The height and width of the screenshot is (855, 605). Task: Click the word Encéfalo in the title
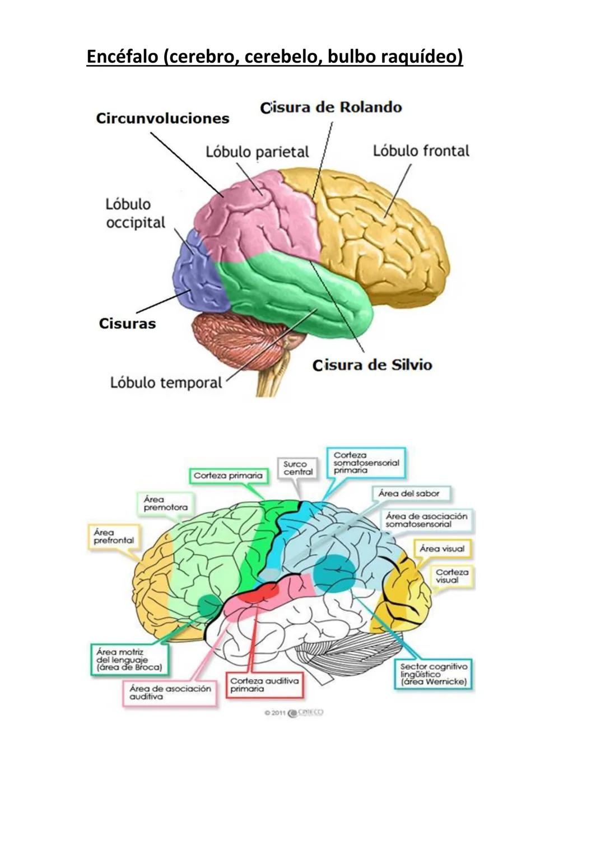[x=122, y=57]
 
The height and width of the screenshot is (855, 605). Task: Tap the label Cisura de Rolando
[x=331, y=108]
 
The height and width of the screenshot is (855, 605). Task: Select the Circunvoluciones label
[x=162, y=118]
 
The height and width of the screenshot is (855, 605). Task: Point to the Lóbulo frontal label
[x=421, y=151]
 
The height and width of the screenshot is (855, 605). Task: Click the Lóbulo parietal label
[x=257, y=152]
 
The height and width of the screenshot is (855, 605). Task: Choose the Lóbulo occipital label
[x=135, y=213]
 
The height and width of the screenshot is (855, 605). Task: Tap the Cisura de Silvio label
[x=373, y=365]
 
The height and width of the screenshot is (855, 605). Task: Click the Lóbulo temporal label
[x=166, y=382]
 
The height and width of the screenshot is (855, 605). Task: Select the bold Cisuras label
[x=127, y=324]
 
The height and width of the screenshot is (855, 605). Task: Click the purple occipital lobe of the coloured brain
[x=196, y=269]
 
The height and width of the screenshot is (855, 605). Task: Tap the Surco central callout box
[x=297, y=468]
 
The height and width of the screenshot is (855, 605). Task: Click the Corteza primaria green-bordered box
[x=227, y=475]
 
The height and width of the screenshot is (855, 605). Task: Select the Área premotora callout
[x=165, y=503]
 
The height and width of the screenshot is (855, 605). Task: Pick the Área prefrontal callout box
[x=114, y=536]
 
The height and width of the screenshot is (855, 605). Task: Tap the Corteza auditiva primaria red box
[x=264, y=685]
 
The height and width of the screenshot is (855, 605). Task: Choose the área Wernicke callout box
[x=433, y=674]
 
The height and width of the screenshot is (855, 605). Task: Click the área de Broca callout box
[x=129, y=660]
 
